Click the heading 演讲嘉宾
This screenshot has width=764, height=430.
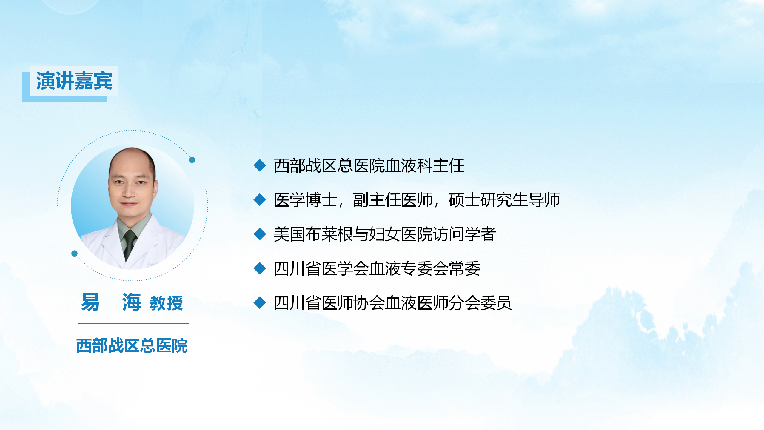point(74,81)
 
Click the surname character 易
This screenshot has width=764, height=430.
point(90,302)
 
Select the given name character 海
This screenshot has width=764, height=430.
point(131,302)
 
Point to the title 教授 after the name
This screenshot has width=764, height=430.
point(166,303)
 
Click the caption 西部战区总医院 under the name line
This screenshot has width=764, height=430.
point(132,346)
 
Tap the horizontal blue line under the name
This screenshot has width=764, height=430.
point(133,323)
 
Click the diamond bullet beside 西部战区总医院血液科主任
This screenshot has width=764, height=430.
point(260,165)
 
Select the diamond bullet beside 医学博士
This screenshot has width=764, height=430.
point(260,200)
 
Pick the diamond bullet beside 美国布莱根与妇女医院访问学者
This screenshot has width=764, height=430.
point(260,234)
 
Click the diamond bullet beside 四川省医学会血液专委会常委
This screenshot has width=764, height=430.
point(260,268)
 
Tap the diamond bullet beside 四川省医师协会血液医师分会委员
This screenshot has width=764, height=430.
point(260,303)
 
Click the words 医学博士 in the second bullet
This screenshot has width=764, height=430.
point(306,200)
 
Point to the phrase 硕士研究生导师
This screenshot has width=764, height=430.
point(504,200)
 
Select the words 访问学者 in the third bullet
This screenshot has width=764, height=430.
point(464,234)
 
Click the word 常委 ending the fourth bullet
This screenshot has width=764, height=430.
point(464,268)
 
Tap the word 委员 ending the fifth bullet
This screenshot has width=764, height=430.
point(496,303)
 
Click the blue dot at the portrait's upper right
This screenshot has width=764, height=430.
point(192,160)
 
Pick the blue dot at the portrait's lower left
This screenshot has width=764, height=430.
point(75,254)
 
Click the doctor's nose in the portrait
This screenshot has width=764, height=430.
point(129,192)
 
